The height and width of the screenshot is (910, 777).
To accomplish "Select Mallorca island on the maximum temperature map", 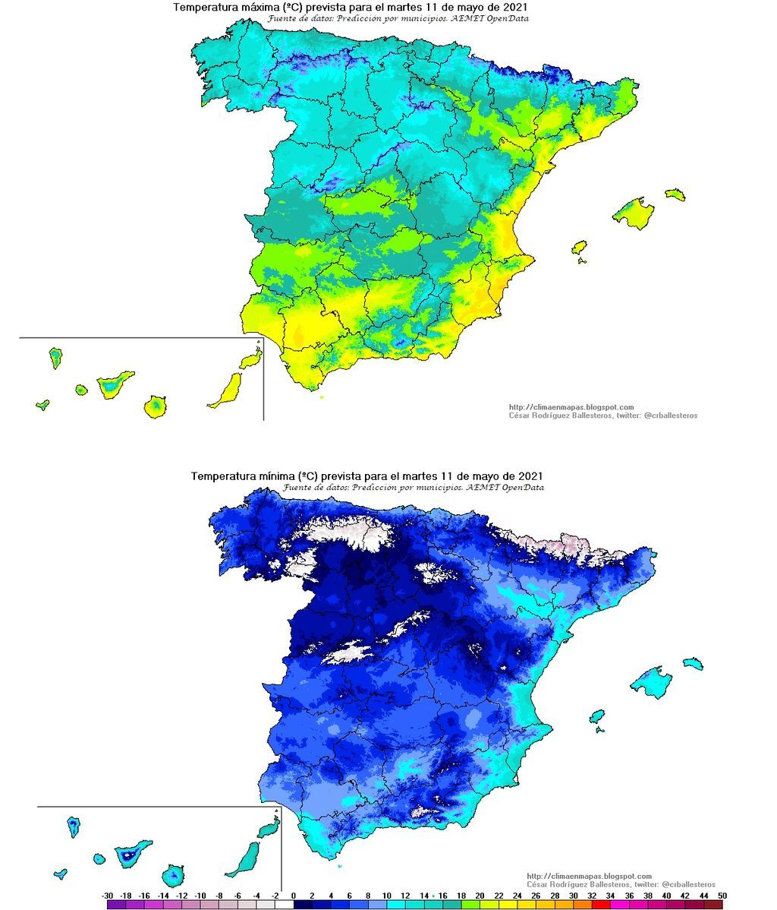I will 634,212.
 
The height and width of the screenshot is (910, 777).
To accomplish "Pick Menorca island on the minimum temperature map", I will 692,663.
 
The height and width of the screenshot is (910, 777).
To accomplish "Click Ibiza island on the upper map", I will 579,248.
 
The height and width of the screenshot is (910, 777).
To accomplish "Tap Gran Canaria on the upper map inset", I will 156,406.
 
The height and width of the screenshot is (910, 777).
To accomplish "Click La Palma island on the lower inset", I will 74,826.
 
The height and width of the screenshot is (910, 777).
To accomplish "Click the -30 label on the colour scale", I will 108,896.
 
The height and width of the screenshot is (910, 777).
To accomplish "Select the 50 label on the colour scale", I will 722,896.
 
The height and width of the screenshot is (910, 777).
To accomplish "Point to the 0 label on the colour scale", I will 293,896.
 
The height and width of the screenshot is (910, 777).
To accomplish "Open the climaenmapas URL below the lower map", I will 589,876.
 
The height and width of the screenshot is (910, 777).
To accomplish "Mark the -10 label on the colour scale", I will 200,896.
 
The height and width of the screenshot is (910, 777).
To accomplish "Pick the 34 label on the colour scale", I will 610,896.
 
